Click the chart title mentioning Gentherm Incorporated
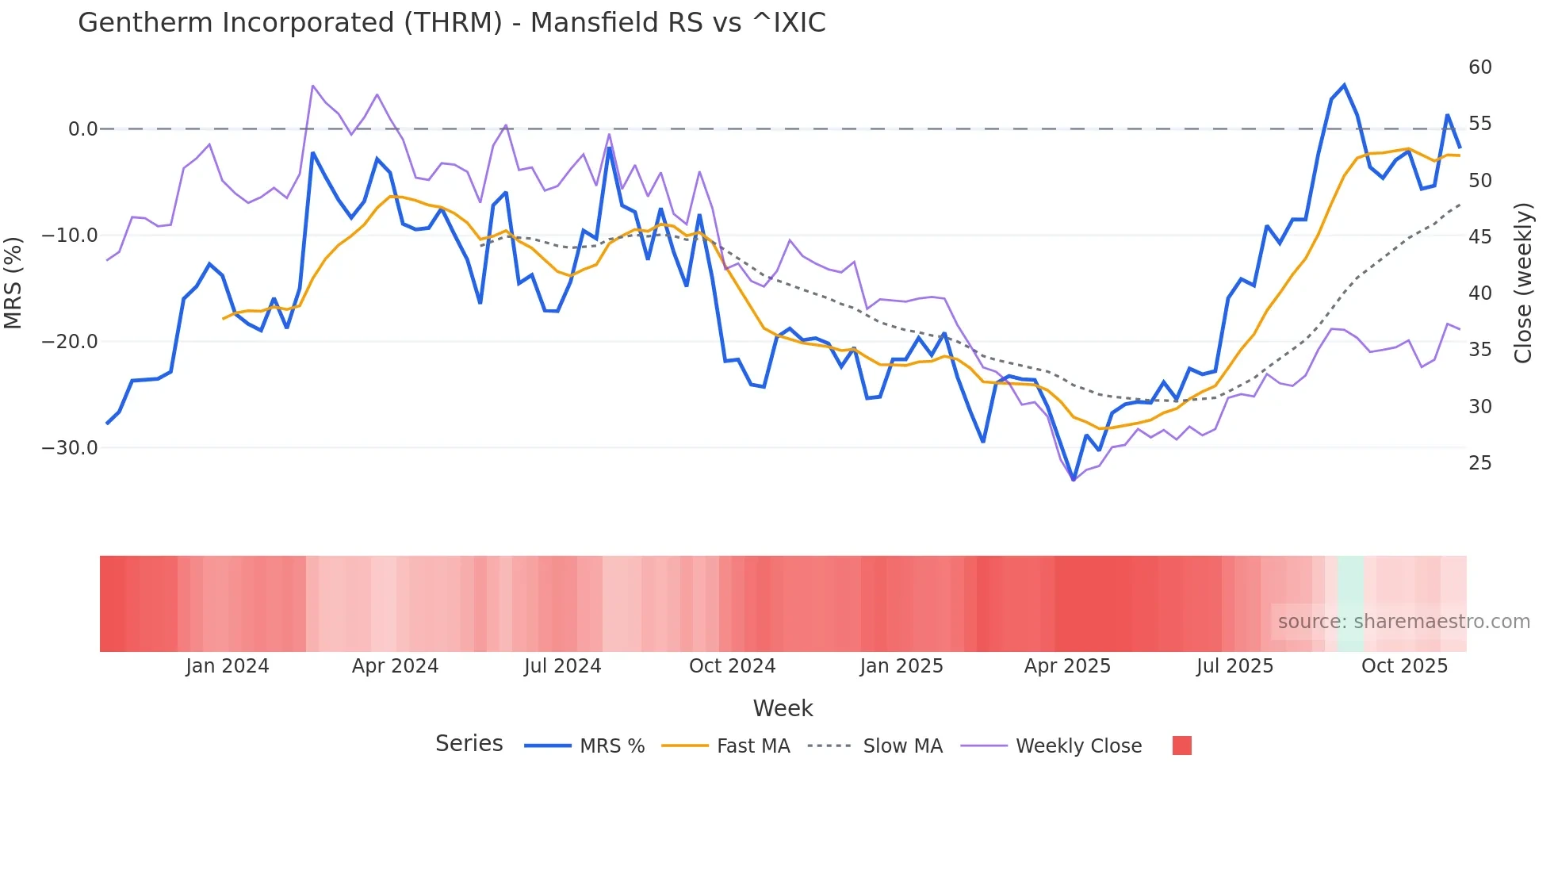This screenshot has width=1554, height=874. click(451, 23)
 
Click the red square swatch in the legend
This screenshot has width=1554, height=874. click(1181, 746)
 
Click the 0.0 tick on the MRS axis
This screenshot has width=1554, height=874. click(82, 129)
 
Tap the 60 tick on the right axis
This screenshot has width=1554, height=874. click(1479, 67)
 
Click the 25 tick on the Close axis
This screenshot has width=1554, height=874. click(1479, 463)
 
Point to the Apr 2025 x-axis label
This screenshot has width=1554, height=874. click(1067, 666)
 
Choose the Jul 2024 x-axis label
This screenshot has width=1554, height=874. click(562, 666)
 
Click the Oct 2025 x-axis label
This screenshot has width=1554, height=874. click(1404, 666)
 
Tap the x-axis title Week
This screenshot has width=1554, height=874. click(783, 708)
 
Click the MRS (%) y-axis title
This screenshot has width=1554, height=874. click(13, 282)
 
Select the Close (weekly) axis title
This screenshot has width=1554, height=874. click(1523, 282)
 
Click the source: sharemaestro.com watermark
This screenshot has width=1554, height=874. click(1403, 622)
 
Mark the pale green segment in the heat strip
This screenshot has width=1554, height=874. click(1350, 604)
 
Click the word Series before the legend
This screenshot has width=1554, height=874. click(469, 744)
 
